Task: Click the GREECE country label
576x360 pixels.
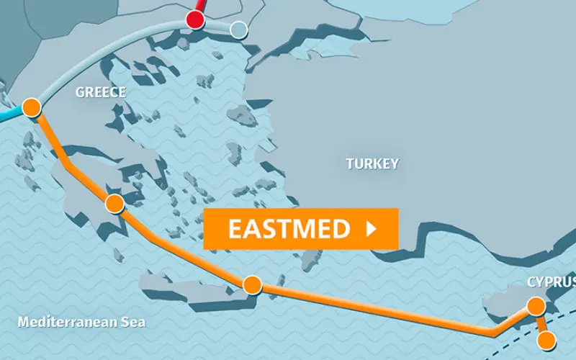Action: click(x=101, y=92)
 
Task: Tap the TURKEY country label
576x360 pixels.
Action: click(x=372, y=163)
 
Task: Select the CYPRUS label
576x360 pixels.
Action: click(x=551, y=282)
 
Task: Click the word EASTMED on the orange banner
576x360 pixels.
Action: click(x=289, y=229)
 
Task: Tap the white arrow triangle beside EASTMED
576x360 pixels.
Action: click(x=372, y=229)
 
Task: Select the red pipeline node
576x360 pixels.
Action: click(x=194, y=19)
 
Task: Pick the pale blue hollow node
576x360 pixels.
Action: click(x=238, y=30)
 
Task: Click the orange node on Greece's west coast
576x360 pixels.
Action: click(x=31, y=108)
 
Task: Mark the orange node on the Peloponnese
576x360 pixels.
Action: click(x=114, y=204)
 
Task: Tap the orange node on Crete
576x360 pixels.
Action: click(x=252, y=285)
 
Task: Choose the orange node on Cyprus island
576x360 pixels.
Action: click(x=536, y=306)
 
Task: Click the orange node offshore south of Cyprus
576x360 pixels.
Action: click(x=547, y=340)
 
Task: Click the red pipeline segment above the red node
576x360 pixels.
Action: click(x=199, y=6)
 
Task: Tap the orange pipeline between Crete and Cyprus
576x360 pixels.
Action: click(x=374, y=309)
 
